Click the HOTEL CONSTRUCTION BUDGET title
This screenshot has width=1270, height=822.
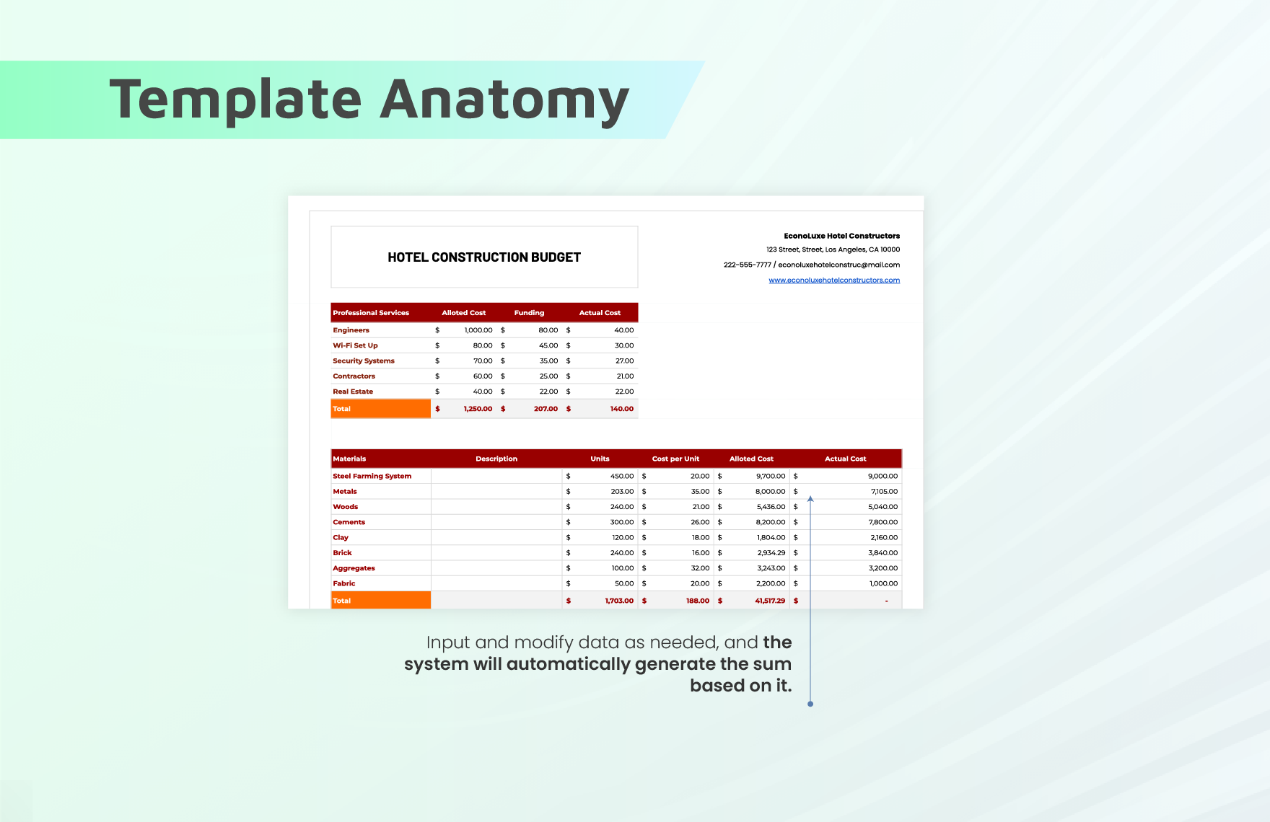[x=484, y=257]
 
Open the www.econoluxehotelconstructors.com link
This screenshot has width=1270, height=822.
[x=834, y=280]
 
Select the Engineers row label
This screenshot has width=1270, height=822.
[x=351, y=330]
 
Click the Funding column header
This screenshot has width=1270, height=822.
[x=529, y=313]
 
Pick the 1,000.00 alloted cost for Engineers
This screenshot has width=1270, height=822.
[x=478, y=330]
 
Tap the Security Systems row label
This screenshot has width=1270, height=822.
[x=364, y=361]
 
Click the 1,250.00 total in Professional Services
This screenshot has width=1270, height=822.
[x=478, y=409]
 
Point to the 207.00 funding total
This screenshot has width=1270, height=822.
[x=546, y=409]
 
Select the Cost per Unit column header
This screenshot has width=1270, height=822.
[x=675, y=459]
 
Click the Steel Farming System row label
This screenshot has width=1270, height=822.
[x=372, y=476]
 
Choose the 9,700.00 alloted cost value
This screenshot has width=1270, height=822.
[x=771, y=476]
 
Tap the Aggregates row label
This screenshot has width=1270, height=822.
[x=354, y=568]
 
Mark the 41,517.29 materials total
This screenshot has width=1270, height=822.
[x=770, y=601]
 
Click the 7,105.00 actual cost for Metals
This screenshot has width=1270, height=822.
[x=884, y=492]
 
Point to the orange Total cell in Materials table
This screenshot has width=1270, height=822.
[x=381, y=601]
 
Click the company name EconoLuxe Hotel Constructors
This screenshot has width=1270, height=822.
[x=842, y=236]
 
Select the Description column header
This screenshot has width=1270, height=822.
[x=496, y=459]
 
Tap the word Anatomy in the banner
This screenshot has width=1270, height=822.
[x=504, y=100]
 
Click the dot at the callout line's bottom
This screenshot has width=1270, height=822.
[x=810, y=704]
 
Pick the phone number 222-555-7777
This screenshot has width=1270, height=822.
[x=748, y=265]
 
